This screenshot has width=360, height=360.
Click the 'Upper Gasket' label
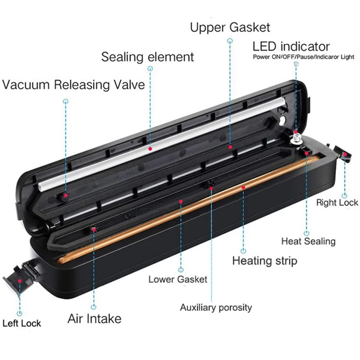click(x=230, y=28)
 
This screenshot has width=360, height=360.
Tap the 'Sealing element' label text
click(x=148, y=57)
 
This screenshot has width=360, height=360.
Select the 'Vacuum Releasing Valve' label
click(x=73, y=85)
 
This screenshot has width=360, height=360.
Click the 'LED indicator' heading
click(x=291, y=47)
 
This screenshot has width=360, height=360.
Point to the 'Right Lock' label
click(x=337, y=202)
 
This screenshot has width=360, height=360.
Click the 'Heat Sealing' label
click(x=308, y=241)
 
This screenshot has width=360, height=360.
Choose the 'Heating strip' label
click(x=265, y=261)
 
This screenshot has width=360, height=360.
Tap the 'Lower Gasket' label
click(x=178, y=279)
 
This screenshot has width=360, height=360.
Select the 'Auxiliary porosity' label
click(x=216, y=308)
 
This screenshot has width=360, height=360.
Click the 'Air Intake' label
click(x=94, y=319)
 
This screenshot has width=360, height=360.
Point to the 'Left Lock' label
click(x=22, y=324)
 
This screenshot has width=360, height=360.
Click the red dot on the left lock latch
click(x=20, y=281)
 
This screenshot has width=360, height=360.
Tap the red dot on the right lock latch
click(x=345, y=154)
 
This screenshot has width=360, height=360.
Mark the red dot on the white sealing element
click(x=150, y=149)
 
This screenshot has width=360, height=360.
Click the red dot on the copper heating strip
click(x=243, y=187)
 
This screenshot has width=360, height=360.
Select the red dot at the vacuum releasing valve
click(x=66, y=195)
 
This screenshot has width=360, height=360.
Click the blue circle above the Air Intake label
click(x=94, y=307)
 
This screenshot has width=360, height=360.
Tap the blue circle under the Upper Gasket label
click(x=230, y=41)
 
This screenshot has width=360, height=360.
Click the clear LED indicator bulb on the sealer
click(x=296, y=138)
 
